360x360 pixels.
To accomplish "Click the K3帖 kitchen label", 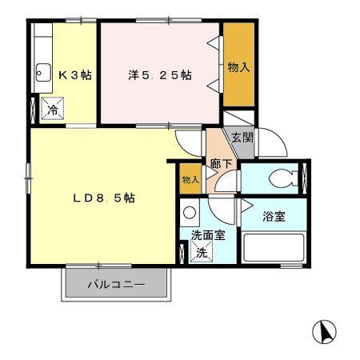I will [74, 75].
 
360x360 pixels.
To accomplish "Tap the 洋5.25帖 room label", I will [159, 75].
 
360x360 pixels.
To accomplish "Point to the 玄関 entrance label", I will [242, 137].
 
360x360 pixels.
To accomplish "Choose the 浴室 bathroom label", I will [274, 215].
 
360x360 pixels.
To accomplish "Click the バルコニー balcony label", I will [116, 284].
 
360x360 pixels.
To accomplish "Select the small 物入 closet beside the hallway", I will [190, 180].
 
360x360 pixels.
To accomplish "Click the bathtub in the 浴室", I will [274, 247].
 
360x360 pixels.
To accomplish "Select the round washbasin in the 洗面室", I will [189, 213].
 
